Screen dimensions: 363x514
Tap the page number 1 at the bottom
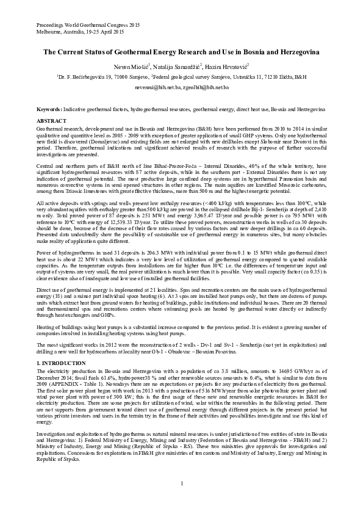pos(182,484)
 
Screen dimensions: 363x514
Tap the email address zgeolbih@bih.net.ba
pos(205,88)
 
